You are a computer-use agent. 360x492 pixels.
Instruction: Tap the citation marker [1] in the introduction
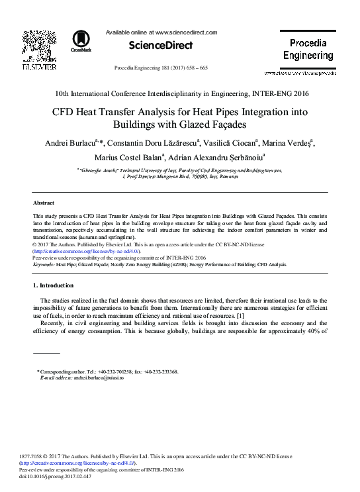pyautogui.click(x=240, y=315)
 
